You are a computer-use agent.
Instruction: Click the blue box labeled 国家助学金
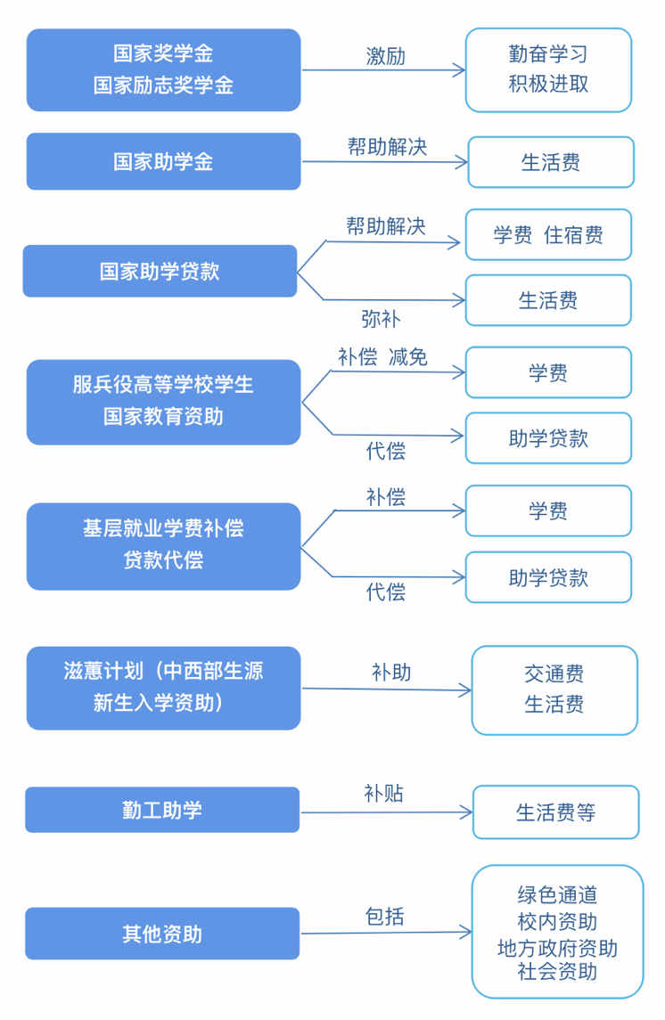click(x=163, y=161)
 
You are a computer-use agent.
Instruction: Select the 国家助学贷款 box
click(x=160, y=272)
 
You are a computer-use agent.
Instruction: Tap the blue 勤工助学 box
click(x=162, y=810)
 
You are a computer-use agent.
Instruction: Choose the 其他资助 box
click(x=162, y=934)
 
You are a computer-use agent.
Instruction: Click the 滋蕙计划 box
click(x=163, y=689)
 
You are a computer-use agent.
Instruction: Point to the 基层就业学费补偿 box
click(x=163, y=546)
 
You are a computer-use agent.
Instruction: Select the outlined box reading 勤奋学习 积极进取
click(x=548, y=69)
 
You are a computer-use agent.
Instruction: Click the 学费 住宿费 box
click(x=548, y=235)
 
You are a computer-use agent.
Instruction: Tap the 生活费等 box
click(x=555, y=812)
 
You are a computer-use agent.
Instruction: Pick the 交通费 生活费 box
click(x=554, y=690)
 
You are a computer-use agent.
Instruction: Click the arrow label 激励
click(x=385, y=57)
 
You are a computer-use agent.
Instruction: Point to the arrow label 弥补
click(x=381, y=319)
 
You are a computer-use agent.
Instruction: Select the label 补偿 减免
click(x=382, y=356)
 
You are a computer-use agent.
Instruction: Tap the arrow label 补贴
click(x=383, y=794)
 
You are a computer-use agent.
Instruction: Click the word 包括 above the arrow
click(x=384, y=917)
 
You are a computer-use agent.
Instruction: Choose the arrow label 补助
click(x=391, y=672)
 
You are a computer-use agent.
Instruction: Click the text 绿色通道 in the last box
click(x=557, y=895)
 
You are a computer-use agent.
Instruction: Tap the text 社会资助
click(x=557, y=972)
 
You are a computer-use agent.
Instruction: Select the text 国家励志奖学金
click(x=163, y=86)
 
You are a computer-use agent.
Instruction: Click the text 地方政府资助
click(x=557, y=949)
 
